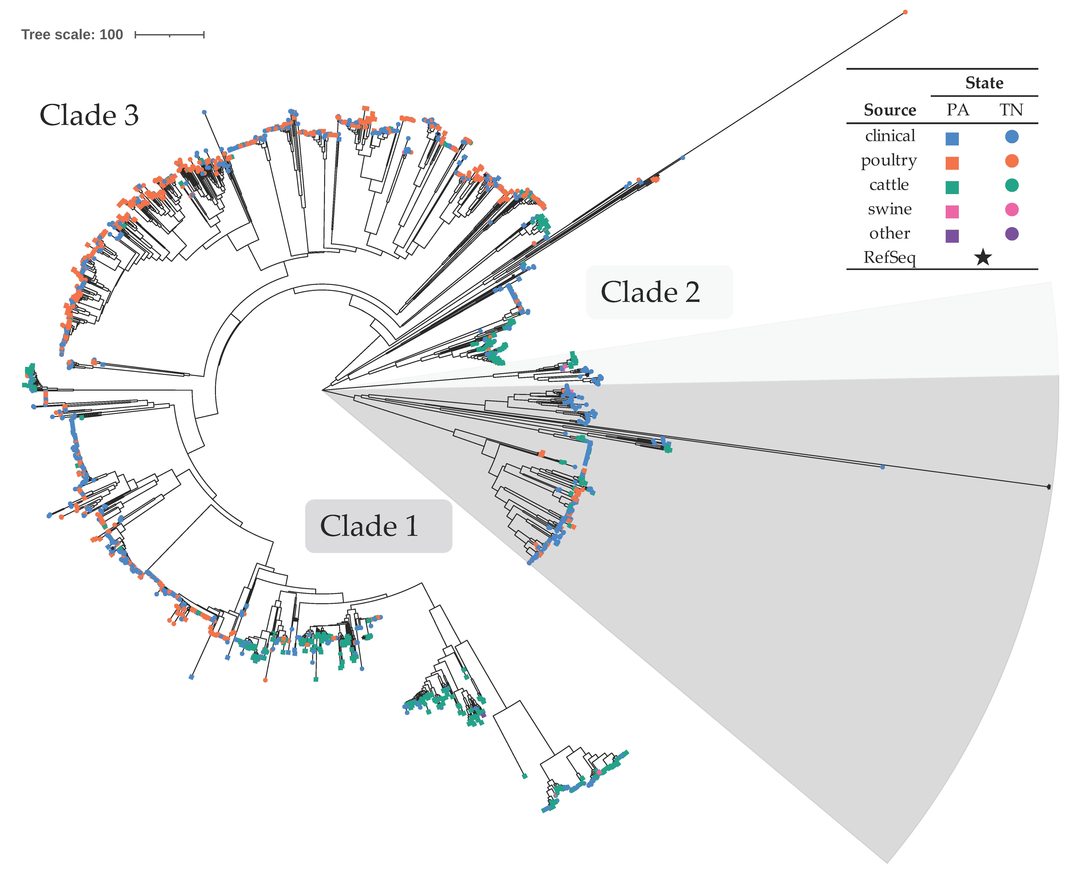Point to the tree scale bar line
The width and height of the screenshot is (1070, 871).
coord(170,35)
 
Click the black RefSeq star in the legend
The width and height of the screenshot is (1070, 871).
coord(983,258)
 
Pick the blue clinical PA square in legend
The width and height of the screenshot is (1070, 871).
coord(952,138)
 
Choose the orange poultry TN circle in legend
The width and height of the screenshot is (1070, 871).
coord(1011,161)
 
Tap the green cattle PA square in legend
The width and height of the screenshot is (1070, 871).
coord(952,187)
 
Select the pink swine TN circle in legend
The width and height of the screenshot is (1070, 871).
coord(1011,210)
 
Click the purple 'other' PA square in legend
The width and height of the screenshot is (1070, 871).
coord(952,236)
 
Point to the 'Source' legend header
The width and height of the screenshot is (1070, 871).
coord(890,110)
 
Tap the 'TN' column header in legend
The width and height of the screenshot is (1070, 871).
coord(1011,110)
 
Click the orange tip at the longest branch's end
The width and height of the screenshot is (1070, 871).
coord(905,12)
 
